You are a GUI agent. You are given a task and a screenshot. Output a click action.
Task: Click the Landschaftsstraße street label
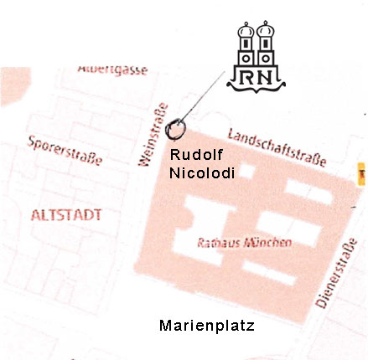(x=277, y=147)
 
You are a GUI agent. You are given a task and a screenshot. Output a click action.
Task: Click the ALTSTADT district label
(x=65, y=215)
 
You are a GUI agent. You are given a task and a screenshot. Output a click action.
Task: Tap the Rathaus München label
(x=244, y=243)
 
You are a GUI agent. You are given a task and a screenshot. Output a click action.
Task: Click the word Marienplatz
(x=206, y=325)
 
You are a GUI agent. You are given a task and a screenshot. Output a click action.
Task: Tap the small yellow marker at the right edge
(x=362, y=174)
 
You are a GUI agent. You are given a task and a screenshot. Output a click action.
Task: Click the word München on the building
(x=267, y=243)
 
